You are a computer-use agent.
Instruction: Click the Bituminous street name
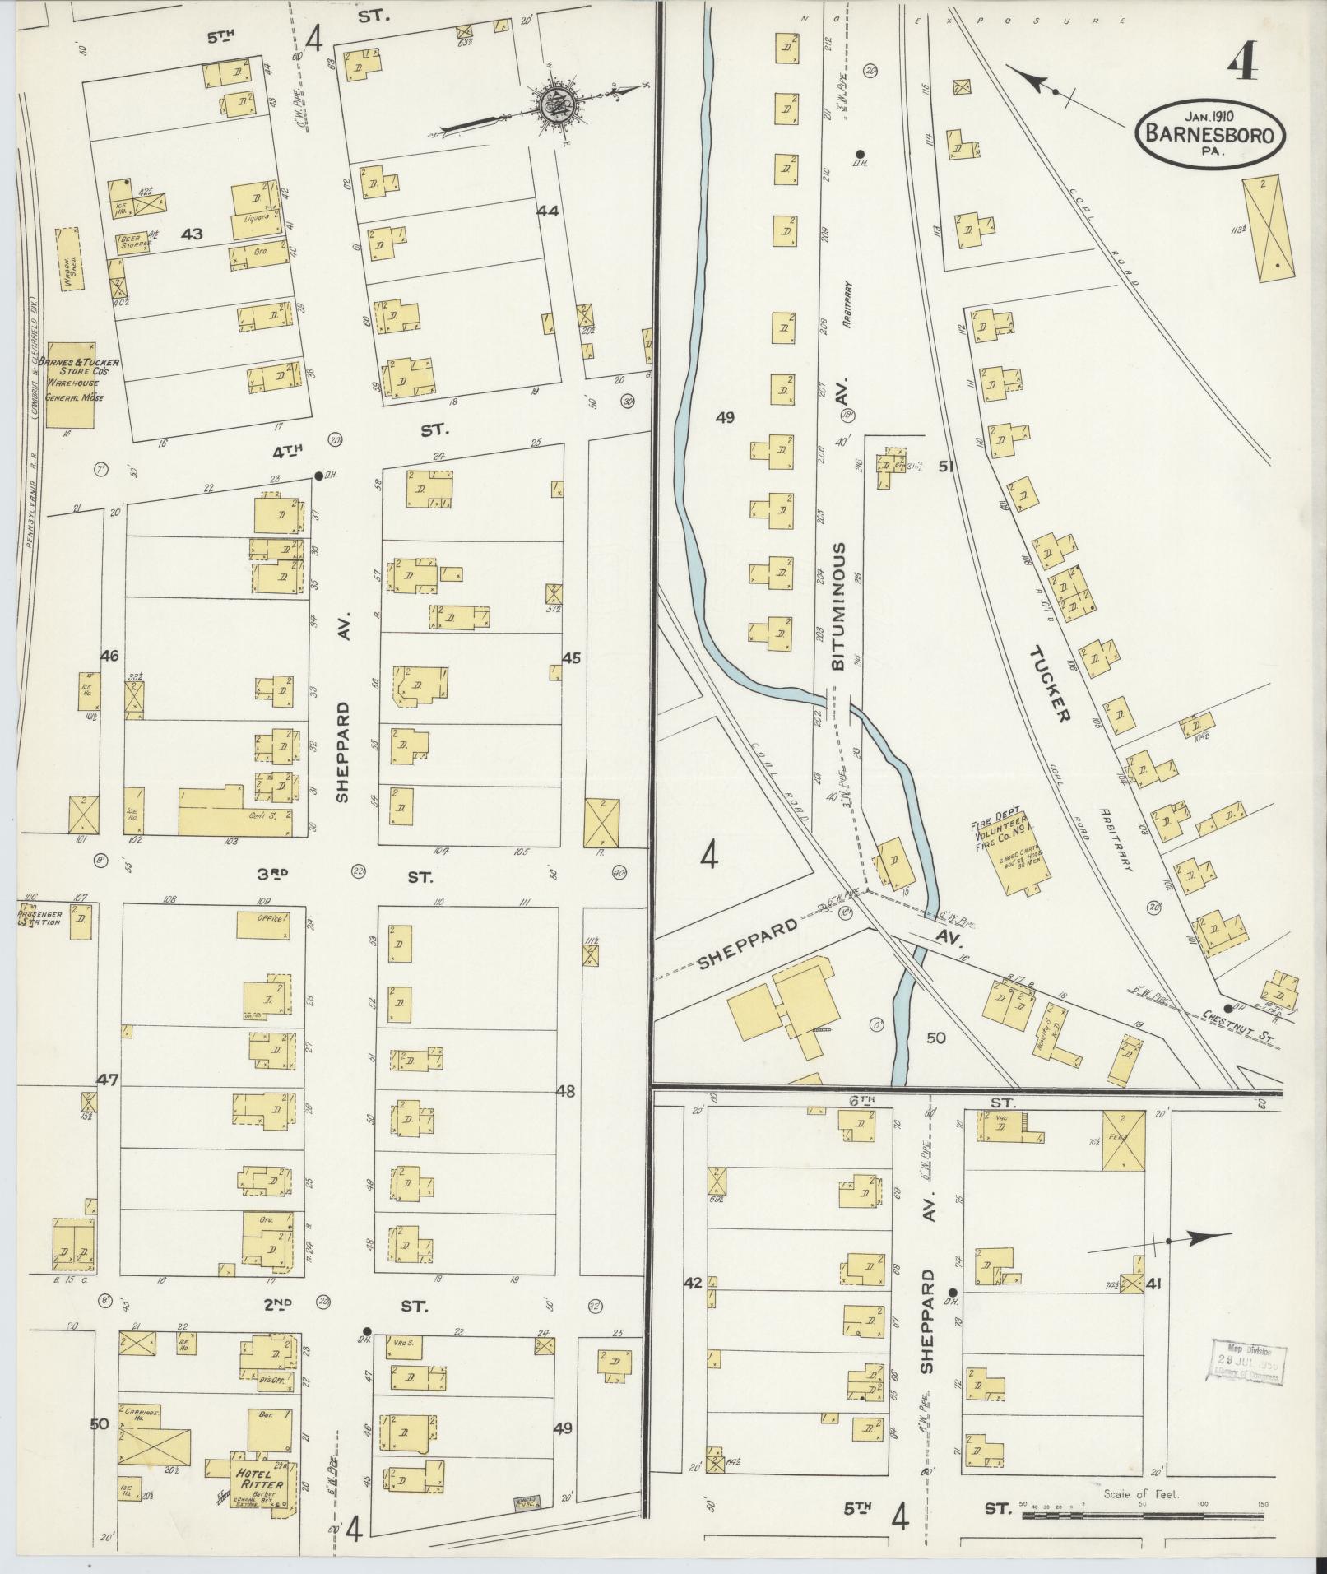click(x=839, y=606)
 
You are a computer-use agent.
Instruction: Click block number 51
click(x=946, y=467)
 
